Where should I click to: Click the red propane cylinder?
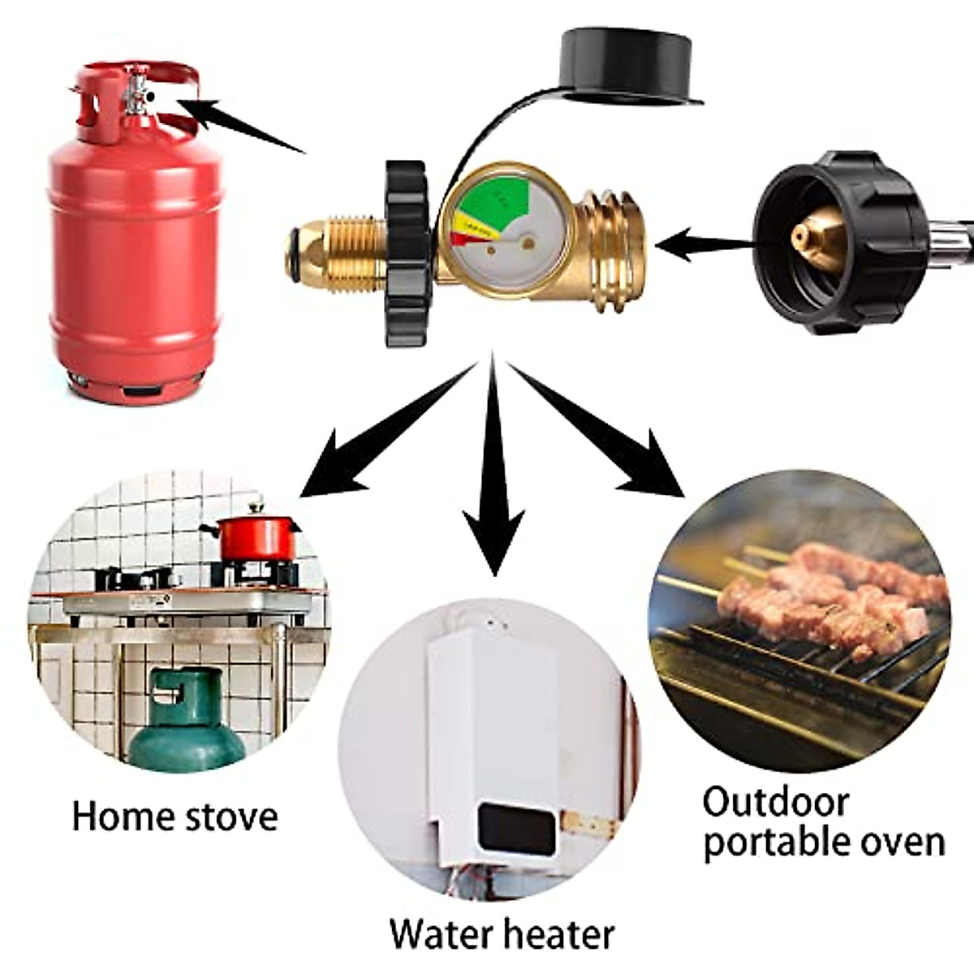pyautogui.click(x=134, y=260)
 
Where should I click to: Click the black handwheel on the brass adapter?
pyautogui.click(x=406, y=252)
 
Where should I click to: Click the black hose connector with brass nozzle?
pyautogui.click(x=836, y=239)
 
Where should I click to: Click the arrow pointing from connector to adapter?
pyautogui.click(x=706, y=243)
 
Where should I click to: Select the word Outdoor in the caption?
pyautogui.click(x=775, y=803)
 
